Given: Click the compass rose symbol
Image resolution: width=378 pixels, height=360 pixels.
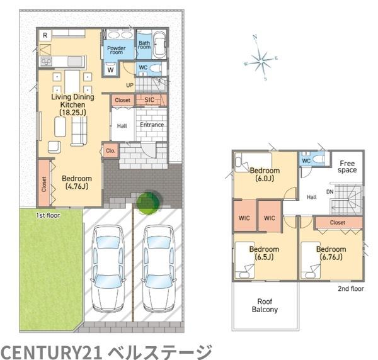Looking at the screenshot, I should (260, 60).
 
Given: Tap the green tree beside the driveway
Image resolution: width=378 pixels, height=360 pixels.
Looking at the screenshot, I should (149, 202).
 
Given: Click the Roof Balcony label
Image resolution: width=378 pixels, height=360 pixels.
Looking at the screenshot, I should (265, 305).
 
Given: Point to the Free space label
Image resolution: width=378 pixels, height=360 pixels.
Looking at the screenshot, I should (346, 166).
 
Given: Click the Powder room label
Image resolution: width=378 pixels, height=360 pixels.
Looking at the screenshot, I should (115, 50).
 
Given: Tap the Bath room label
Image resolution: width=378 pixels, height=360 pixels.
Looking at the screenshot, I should (144, 45).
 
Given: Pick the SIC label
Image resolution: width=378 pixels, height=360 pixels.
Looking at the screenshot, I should (149, 100).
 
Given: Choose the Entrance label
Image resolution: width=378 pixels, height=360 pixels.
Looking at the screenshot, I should (152, 125).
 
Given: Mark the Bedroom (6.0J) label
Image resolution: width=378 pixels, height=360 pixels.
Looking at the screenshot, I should (265, 174).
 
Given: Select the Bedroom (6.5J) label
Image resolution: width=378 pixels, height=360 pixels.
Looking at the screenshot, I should (265, 253).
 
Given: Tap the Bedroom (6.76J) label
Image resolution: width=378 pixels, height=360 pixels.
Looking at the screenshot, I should (331, 253).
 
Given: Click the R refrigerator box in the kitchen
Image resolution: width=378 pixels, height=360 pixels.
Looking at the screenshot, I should (45, 36).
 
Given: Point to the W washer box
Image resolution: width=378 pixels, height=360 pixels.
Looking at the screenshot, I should (111, 70).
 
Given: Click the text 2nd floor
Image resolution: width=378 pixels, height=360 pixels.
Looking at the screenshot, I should (351, 290).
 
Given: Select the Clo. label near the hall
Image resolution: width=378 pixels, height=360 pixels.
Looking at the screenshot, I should (110, 150).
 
